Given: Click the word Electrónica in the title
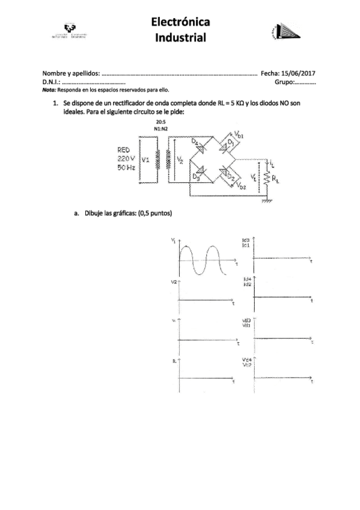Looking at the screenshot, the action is pyautogui.click(x=180, y=23).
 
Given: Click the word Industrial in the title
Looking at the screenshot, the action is pyautogui.click(x=180, y=38).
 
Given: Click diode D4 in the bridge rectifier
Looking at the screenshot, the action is pyautogui.click(x=198, y=144).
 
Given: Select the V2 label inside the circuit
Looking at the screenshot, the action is pyautogui.click(x=180, y=161).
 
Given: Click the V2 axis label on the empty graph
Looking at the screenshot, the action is pyautogui.click(x=174, y=282).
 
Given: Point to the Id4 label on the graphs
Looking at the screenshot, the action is pyautogui.click(x=247, y=280).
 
